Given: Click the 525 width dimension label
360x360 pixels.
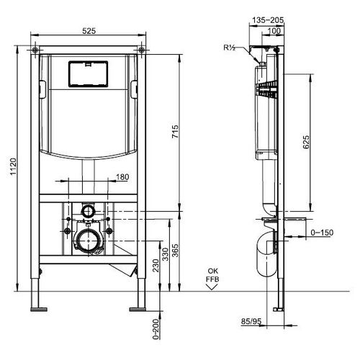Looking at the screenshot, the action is pyautogui.click(x=89, y=31).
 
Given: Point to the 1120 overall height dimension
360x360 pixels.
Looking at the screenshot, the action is pyautogui.click(x=13, y=166).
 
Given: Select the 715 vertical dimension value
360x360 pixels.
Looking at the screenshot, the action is pyautogui.click(x=176, y=131).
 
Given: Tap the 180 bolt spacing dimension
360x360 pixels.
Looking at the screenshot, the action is pyautogui.click(x=122, y=177).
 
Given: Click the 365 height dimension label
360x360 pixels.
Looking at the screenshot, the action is pyautogui.click(x=176, y=251).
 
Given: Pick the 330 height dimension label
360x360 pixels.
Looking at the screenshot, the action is pyautogui.click(x=166, y=254).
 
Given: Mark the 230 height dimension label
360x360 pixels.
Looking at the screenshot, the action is pyautogui.click(x=156, y=266).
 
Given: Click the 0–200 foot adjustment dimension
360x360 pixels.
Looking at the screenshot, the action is pyautogui.click(x=156, y=329).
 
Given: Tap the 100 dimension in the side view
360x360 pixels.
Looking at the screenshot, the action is pyautogui.click(x=274, y=31).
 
